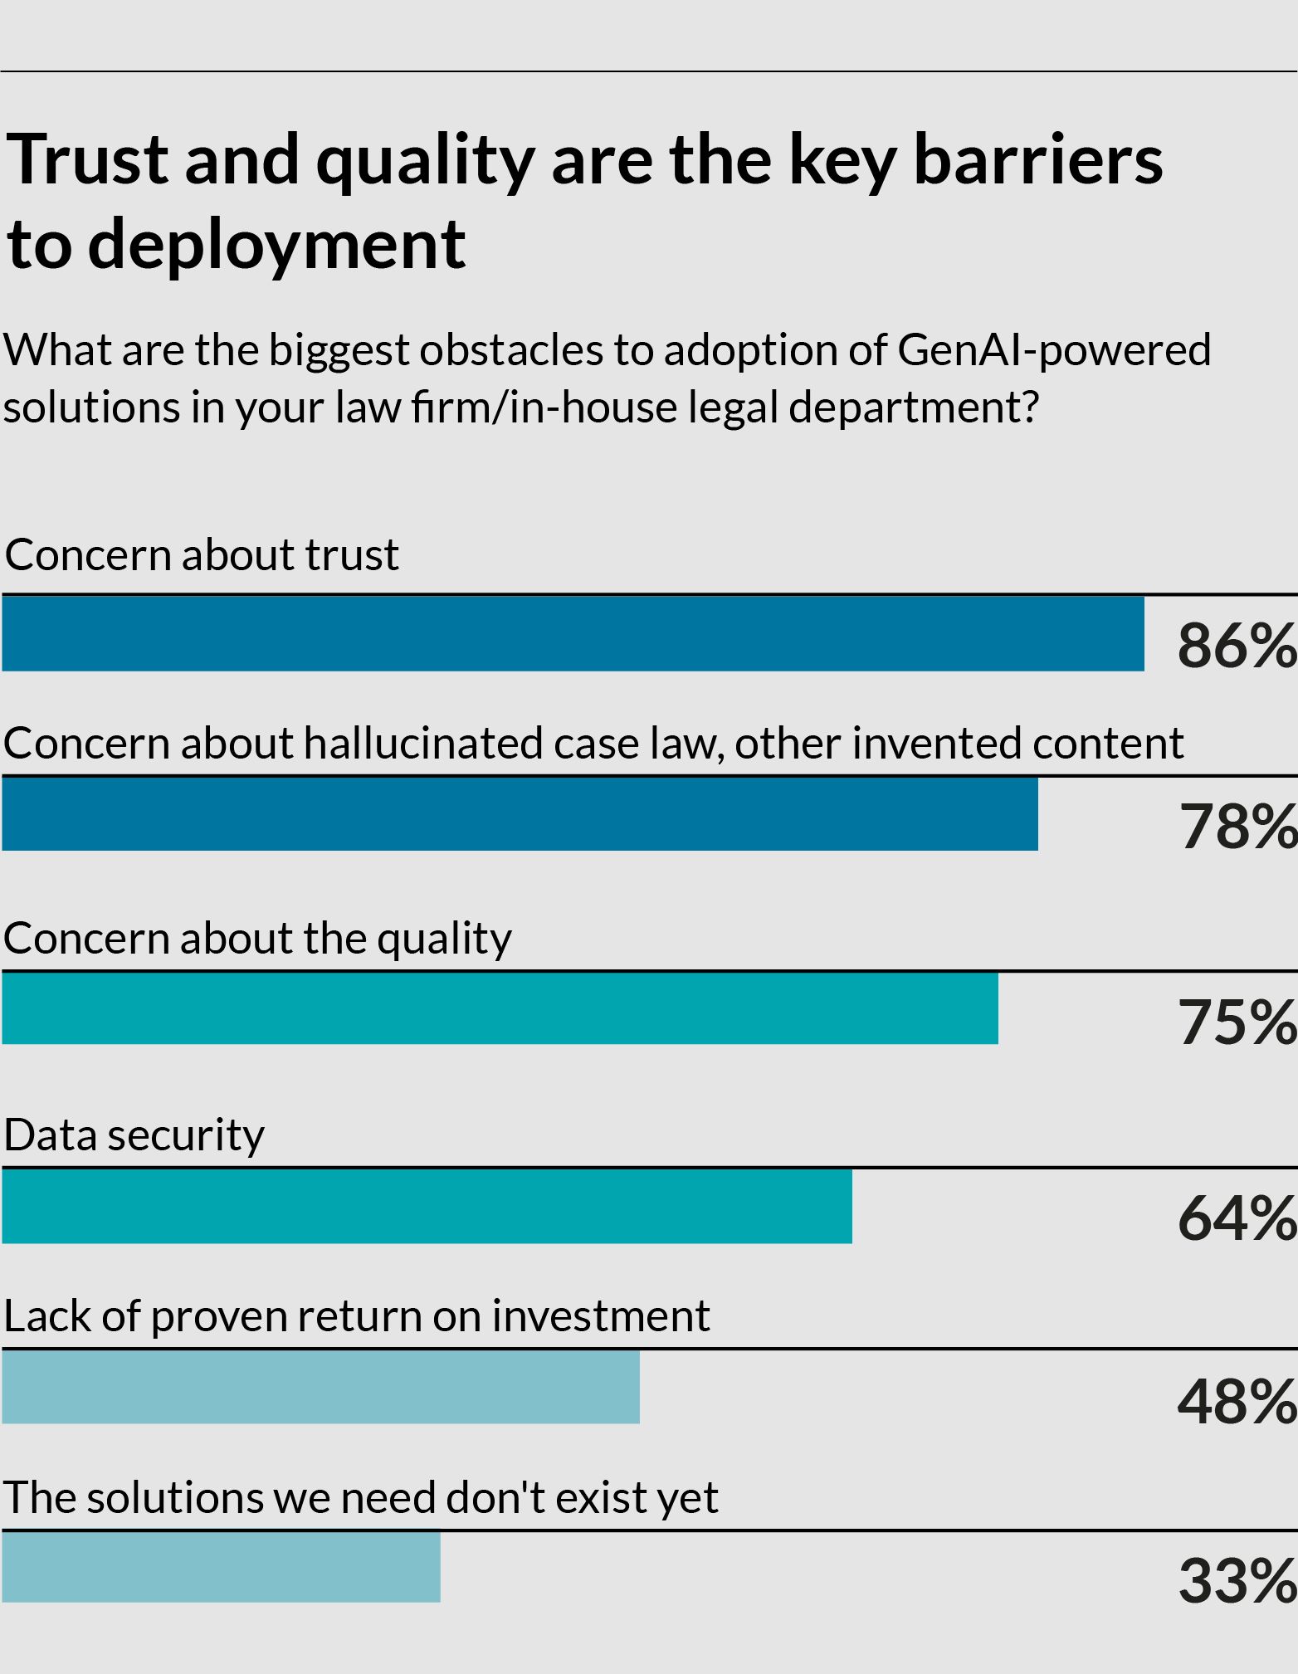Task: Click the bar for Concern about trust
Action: (x=573, y=633)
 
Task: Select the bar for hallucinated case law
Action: (x=520, y=813)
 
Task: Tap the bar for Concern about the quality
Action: (x=500, y=1008)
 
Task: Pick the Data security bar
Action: (x=427, y=1206)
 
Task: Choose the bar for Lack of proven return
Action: (x=320, y=1387)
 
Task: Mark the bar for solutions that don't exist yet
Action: (x=221, y=1567)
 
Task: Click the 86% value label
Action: (x=1237, y=646)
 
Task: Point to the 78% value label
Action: (x=1238, y=827)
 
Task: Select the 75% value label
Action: (x=1237, y=1022)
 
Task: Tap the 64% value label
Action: (x=1237, y=1219)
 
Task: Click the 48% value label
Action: (x=1237, y=1402)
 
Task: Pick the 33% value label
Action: (x=1237, y=1581)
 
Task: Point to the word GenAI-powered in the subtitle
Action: (x=1054, y=349)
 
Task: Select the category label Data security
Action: (x=134, y=1135)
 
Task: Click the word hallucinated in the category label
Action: (x=424, y=743)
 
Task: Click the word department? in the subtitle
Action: (x=914, y=408)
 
